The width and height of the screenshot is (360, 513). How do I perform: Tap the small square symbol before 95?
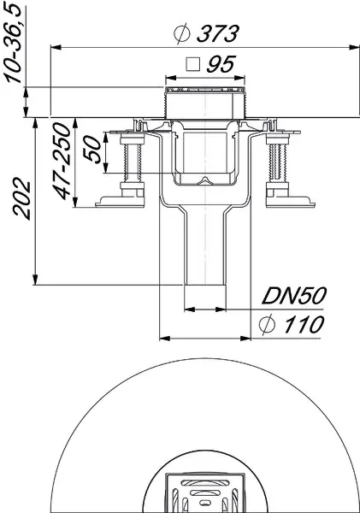tap(193, 64)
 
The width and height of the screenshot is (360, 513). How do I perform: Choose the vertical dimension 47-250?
tap(64, 164)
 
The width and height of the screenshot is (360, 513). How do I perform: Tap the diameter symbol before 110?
tap(267, 324)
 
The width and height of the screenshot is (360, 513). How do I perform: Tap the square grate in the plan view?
tap(204, 494)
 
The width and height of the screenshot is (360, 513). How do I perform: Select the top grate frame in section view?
tap(204, 91)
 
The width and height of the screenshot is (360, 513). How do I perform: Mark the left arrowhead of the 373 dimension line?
tap(52, 46)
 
